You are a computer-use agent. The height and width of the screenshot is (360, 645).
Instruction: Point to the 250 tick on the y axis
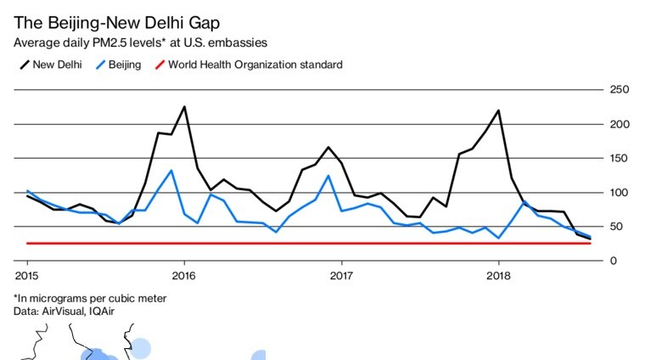point(620,90)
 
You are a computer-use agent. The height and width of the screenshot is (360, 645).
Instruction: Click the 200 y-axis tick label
point(620,124)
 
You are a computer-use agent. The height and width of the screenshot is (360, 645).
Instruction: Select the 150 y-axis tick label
point(620,158)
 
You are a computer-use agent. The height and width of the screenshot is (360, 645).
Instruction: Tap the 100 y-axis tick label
point(620,192)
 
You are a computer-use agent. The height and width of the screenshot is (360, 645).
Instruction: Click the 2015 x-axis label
point(26,275)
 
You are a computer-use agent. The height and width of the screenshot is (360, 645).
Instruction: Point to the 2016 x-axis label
point(184,275)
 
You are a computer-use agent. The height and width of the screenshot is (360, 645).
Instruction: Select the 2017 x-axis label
point(341,275)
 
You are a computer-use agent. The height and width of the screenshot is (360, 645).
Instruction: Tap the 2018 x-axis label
point(498,275)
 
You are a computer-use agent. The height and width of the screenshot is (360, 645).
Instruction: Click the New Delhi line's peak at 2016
point(184,107)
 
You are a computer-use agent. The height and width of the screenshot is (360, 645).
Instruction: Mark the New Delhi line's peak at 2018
point(498,110)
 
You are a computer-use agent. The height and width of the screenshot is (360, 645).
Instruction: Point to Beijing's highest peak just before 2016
point(171,171)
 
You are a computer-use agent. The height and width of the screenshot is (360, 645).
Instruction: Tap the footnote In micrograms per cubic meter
point(90,298)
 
